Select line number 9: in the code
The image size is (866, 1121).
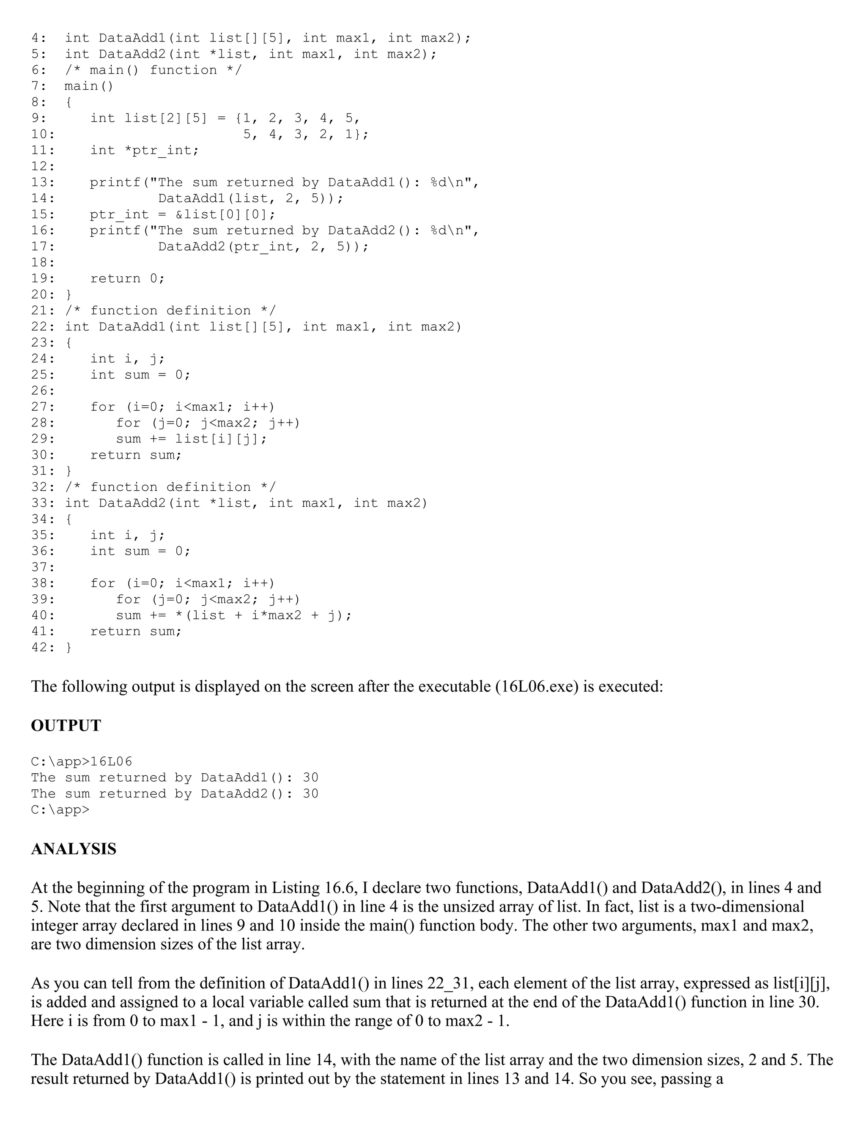[38, 118]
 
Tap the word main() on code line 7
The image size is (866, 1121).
[88, 86]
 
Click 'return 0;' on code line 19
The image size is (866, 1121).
[127, 279]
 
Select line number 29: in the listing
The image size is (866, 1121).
[43, 439]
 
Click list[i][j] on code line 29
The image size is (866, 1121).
[221, 439]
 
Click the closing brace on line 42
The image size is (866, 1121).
[69, 647]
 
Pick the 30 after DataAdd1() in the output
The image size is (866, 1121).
[310, 778]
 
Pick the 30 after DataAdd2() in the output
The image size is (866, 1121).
[310, 794]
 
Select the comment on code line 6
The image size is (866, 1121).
[153, 70]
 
